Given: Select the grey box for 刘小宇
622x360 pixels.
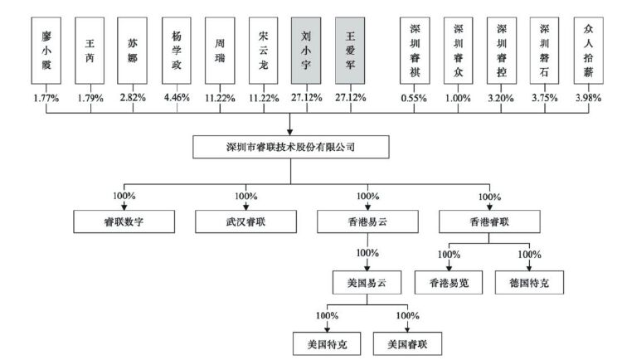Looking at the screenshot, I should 308,50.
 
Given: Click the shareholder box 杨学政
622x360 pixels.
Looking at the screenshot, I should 177,50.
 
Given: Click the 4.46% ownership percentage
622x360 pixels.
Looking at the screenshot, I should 177,97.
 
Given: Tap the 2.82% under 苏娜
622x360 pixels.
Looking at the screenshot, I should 134,97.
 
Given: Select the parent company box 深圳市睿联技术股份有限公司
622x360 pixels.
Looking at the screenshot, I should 290,148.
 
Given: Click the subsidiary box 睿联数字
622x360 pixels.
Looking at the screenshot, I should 125,221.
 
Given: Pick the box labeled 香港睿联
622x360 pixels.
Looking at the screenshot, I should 489,221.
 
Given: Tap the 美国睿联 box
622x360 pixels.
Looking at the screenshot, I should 408,342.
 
